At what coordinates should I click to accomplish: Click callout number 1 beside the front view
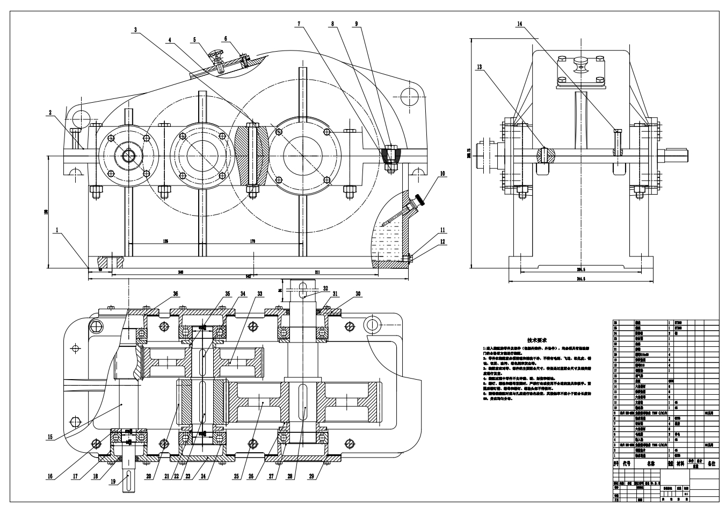[56, 230]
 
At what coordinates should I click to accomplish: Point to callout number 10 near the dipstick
[442, 174]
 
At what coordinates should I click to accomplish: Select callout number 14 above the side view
[519, 24]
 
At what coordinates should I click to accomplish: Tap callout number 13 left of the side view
[479, 67]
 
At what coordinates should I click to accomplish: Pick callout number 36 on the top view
[175, 294]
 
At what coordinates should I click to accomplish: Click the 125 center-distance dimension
[165, 241]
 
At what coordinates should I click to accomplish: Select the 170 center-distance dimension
[252, 241]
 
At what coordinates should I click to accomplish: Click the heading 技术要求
[536, 340]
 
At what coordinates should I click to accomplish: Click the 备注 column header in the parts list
[712, 462]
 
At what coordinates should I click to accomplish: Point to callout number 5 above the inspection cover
[195, 39]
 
